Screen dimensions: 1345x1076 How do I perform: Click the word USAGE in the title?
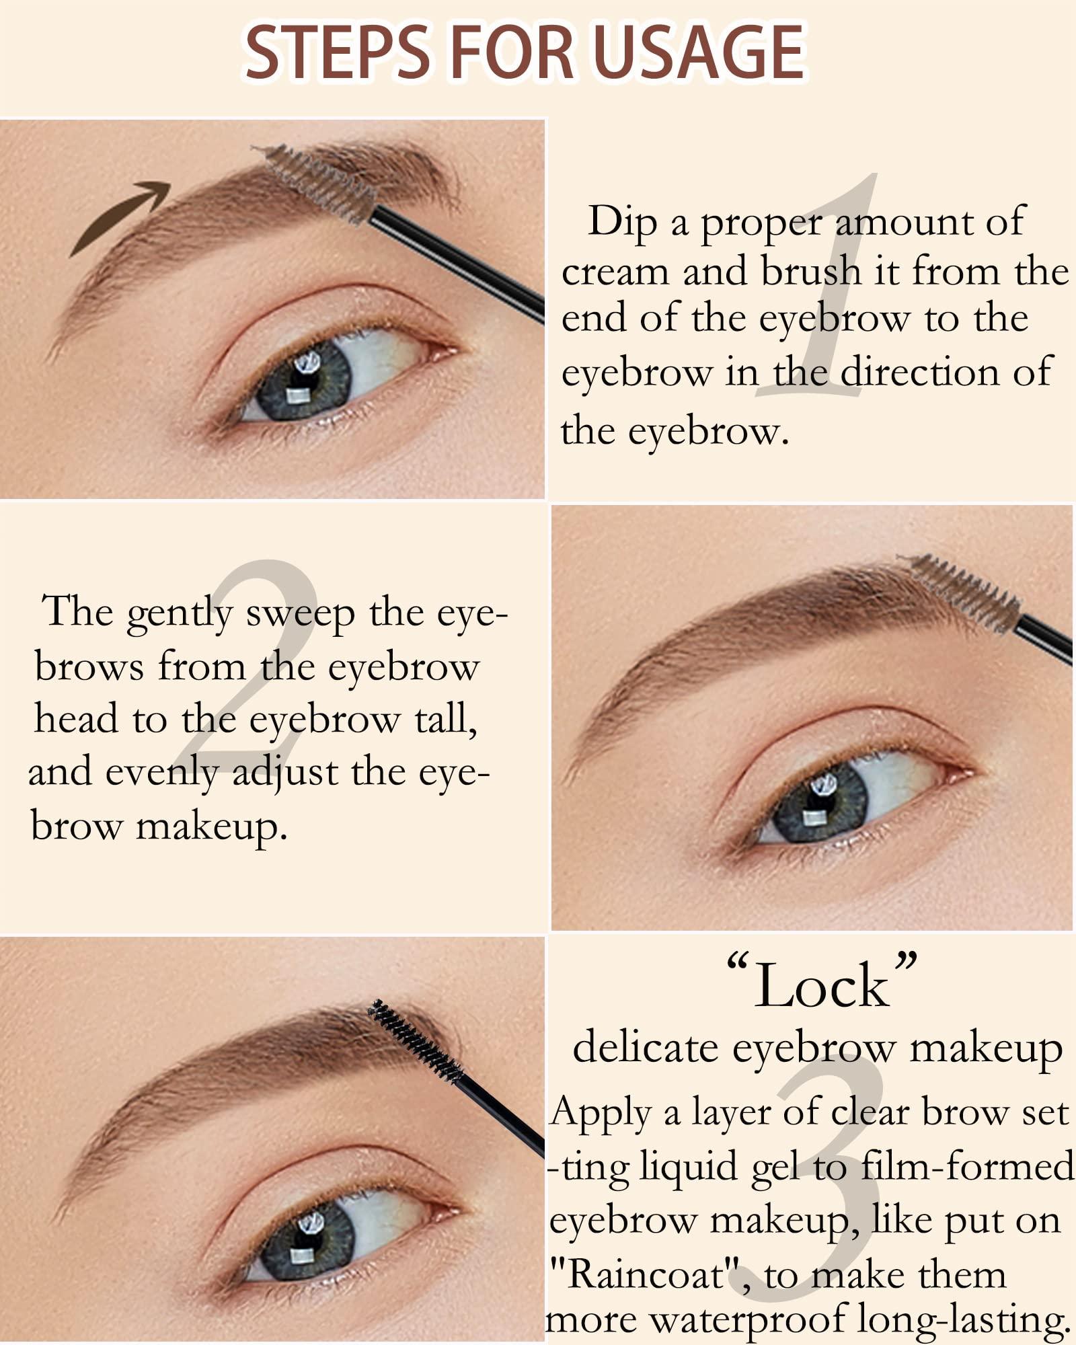pyautogui.click(x=699, y=52)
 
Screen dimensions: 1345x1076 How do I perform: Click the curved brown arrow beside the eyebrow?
pyautogui.click(x=120, y=217)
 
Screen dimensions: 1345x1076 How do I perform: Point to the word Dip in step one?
pyautogui.click(x=622, y=222)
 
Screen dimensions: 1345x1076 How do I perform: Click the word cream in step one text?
pyautogui.click(x=615, y=273)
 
